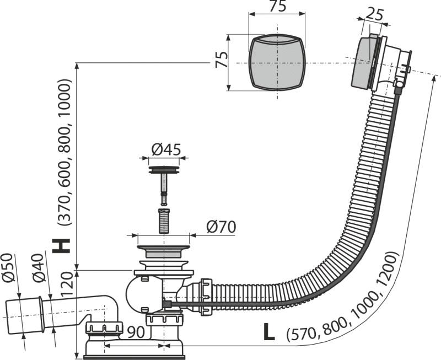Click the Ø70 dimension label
220,227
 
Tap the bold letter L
268,332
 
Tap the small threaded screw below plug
164,221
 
